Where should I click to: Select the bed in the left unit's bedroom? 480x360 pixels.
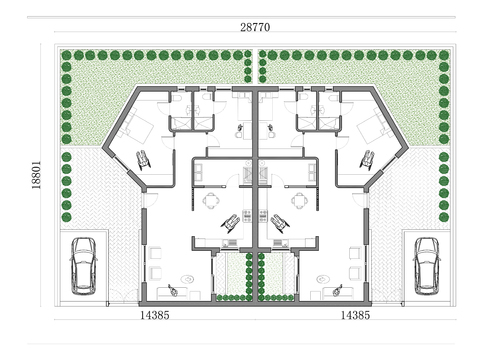pos(139,129)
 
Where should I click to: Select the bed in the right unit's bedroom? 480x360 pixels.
pos(372,129)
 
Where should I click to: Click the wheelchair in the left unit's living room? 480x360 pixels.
pos(173,290)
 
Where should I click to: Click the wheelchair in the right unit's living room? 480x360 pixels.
pos(337,290)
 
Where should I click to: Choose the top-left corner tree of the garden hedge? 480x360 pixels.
pos(66,56)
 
